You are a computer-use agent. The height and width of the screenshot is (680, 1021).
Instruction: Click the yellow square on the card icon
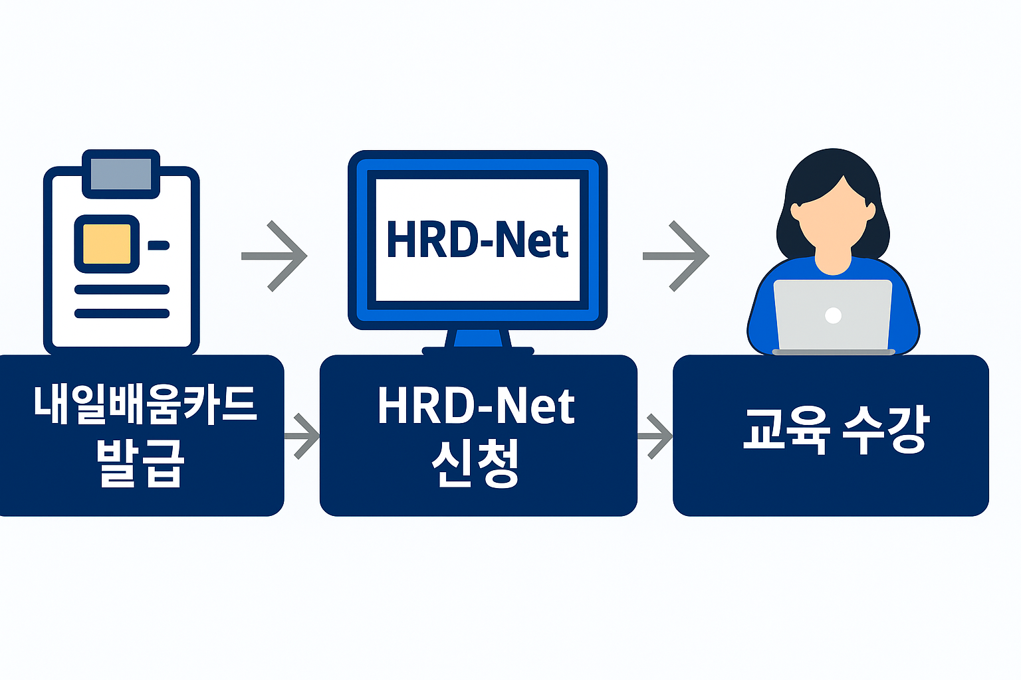[106, 244]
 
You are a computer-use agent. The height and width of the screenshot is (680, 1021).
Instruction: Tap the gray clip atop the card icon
[121, 173]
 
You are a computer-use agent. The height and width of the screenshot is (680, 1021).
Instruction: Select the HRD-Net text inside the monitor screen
[477, 240]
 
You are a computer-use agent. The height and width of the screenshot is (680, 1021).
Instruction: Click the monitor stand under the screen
[478, 339]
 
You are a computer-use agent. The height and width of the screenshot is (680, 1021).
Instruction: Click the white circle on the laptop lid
[833, 315]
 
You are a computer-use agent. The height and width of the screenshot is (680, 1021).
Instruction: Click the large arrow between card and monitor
[276, 256]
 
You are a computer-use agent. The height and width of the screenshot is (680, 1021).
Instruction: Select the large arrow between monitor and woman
[677, 256]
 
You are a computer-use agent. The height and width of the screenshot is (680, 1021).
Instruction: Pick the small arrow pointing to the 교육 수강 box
[657, 436]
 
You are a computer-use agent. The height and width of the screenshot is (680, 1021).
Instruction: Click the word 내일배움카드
[145, 404]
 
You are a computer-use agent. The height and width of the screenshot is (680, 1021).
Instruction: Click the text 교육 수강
[835, 430]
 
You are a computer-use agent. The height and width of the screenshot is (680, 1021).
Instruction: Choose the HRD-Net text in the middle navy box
[476, 406]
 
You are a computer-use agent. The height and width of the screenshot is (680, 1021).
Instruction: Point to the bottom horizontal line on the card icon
[122, 313]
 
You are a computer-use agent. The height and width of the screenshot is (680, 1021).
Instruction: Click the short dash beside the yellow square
[159, 246]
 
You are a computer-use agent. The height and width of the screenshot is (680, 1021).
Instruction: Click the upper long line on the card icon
[122, 290]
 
